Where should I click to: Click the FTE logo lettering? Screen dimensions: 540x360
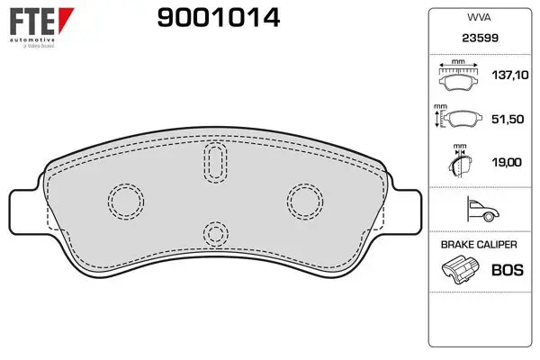pos(32,21)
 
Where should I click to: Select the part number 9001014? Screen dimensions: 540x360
pos(219,18)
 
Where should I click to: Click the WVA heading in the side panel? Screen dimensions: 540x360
pos(479,18)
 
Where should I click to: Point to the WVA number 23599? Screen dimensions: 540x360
pos(480,38)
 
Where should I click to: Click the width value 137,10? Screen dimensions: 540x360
pos(510,75)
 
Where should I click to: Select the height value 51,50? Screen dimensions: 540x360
pos(508,119)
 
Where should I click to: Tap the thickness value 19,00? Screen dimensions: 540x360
pos(507,162)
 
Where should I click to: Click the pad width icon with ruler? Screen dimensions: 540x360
pos(458,76)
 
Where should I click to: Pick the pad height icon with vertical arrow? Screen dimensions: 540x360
pos(458,117)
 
